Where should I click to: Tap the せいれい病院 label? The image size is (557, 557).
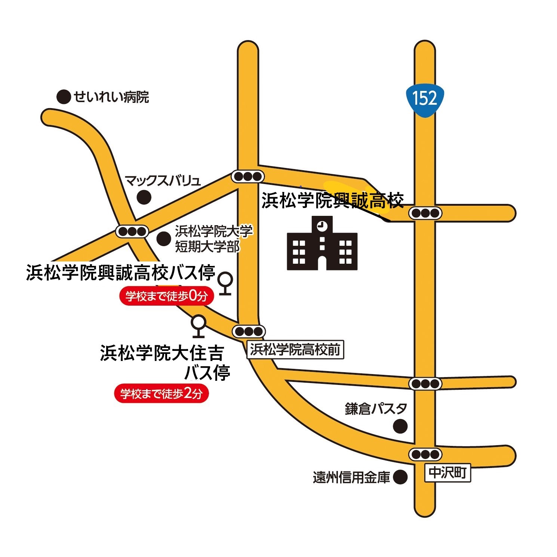coord(111,97)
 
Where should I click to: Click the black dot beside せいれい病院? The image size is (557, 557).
coord(64,97)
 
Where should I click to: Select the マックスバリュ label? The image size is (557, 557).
coord(163,181)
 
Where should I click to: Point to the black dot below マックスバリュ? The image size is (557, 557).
coord(144,197)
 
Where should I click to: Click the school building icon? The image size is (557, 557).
coord(322,244)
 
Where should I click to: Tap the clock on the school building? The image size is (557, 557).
coord(321,226)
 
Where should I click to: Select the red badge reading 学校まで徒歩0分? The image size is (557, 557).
coord(167,297)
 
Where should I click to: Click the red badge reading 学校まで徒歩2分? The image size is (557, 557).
coord(161,394)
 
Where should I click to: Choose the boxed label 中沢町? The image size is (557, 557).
coord(447,473)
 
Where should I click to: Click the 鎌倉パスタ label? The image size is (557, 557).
coord(376,409)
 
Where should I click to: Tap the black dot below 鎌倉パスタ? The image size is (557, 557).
coord(401,426)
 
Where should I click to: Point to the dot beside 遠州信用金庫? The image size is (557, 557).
coord(400,477)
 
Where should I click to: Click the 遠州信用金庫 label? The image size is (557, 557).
coord(351,477)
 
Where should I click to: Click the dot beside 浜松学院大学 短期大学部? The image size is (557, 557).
coord(164,239)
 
